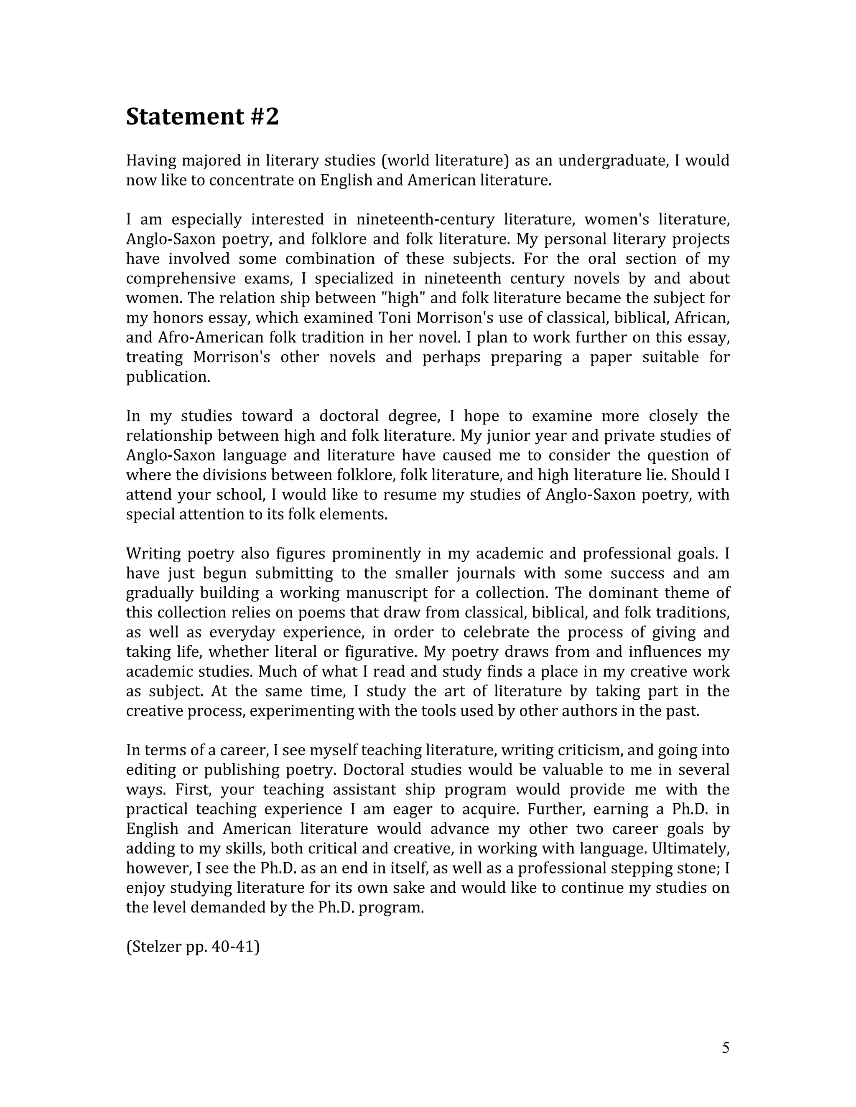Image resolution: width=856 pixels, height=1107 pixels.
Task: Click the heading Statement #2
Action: [202, 117]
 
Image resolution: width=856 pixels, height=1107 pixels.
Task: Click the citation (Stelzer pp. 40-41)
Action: [193, 946]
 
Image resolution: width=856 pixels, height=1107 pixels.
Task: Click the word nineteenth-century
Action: [425, 219]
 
